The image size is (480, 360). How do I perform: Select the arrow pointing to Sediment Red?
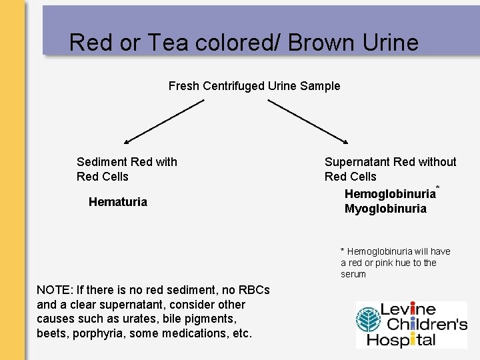(164, 121)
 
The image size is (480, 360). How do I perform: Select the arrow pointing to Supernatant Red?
(307, 121)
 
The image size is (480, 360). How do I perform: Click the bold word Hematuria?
(118, 202)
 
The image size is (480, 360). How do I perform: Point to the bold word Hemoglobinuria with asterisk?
(389, 194)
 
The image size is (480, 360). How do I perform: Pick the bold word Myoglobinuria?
(385, 209)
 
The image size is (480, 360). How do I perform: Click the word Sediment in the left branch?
(101, 162)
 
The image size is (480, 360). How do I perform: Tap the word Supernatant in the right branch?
(357, 162)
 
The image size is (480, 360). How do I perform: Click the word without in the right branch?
(437, 162)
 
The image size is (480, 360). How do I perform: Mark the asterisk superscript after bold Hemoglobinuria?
(438, 187)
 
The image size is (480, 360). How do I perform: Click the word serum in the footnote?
(353, 274)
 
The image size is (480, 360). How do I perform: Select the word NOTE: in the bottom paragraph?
(55, 290)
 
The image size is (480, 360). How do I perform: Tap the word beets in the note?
(51, 333)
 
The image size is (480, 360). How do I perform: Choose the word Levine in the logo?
(407, 310)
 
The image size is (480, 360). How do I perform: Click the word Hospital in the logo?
(407, 339)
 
